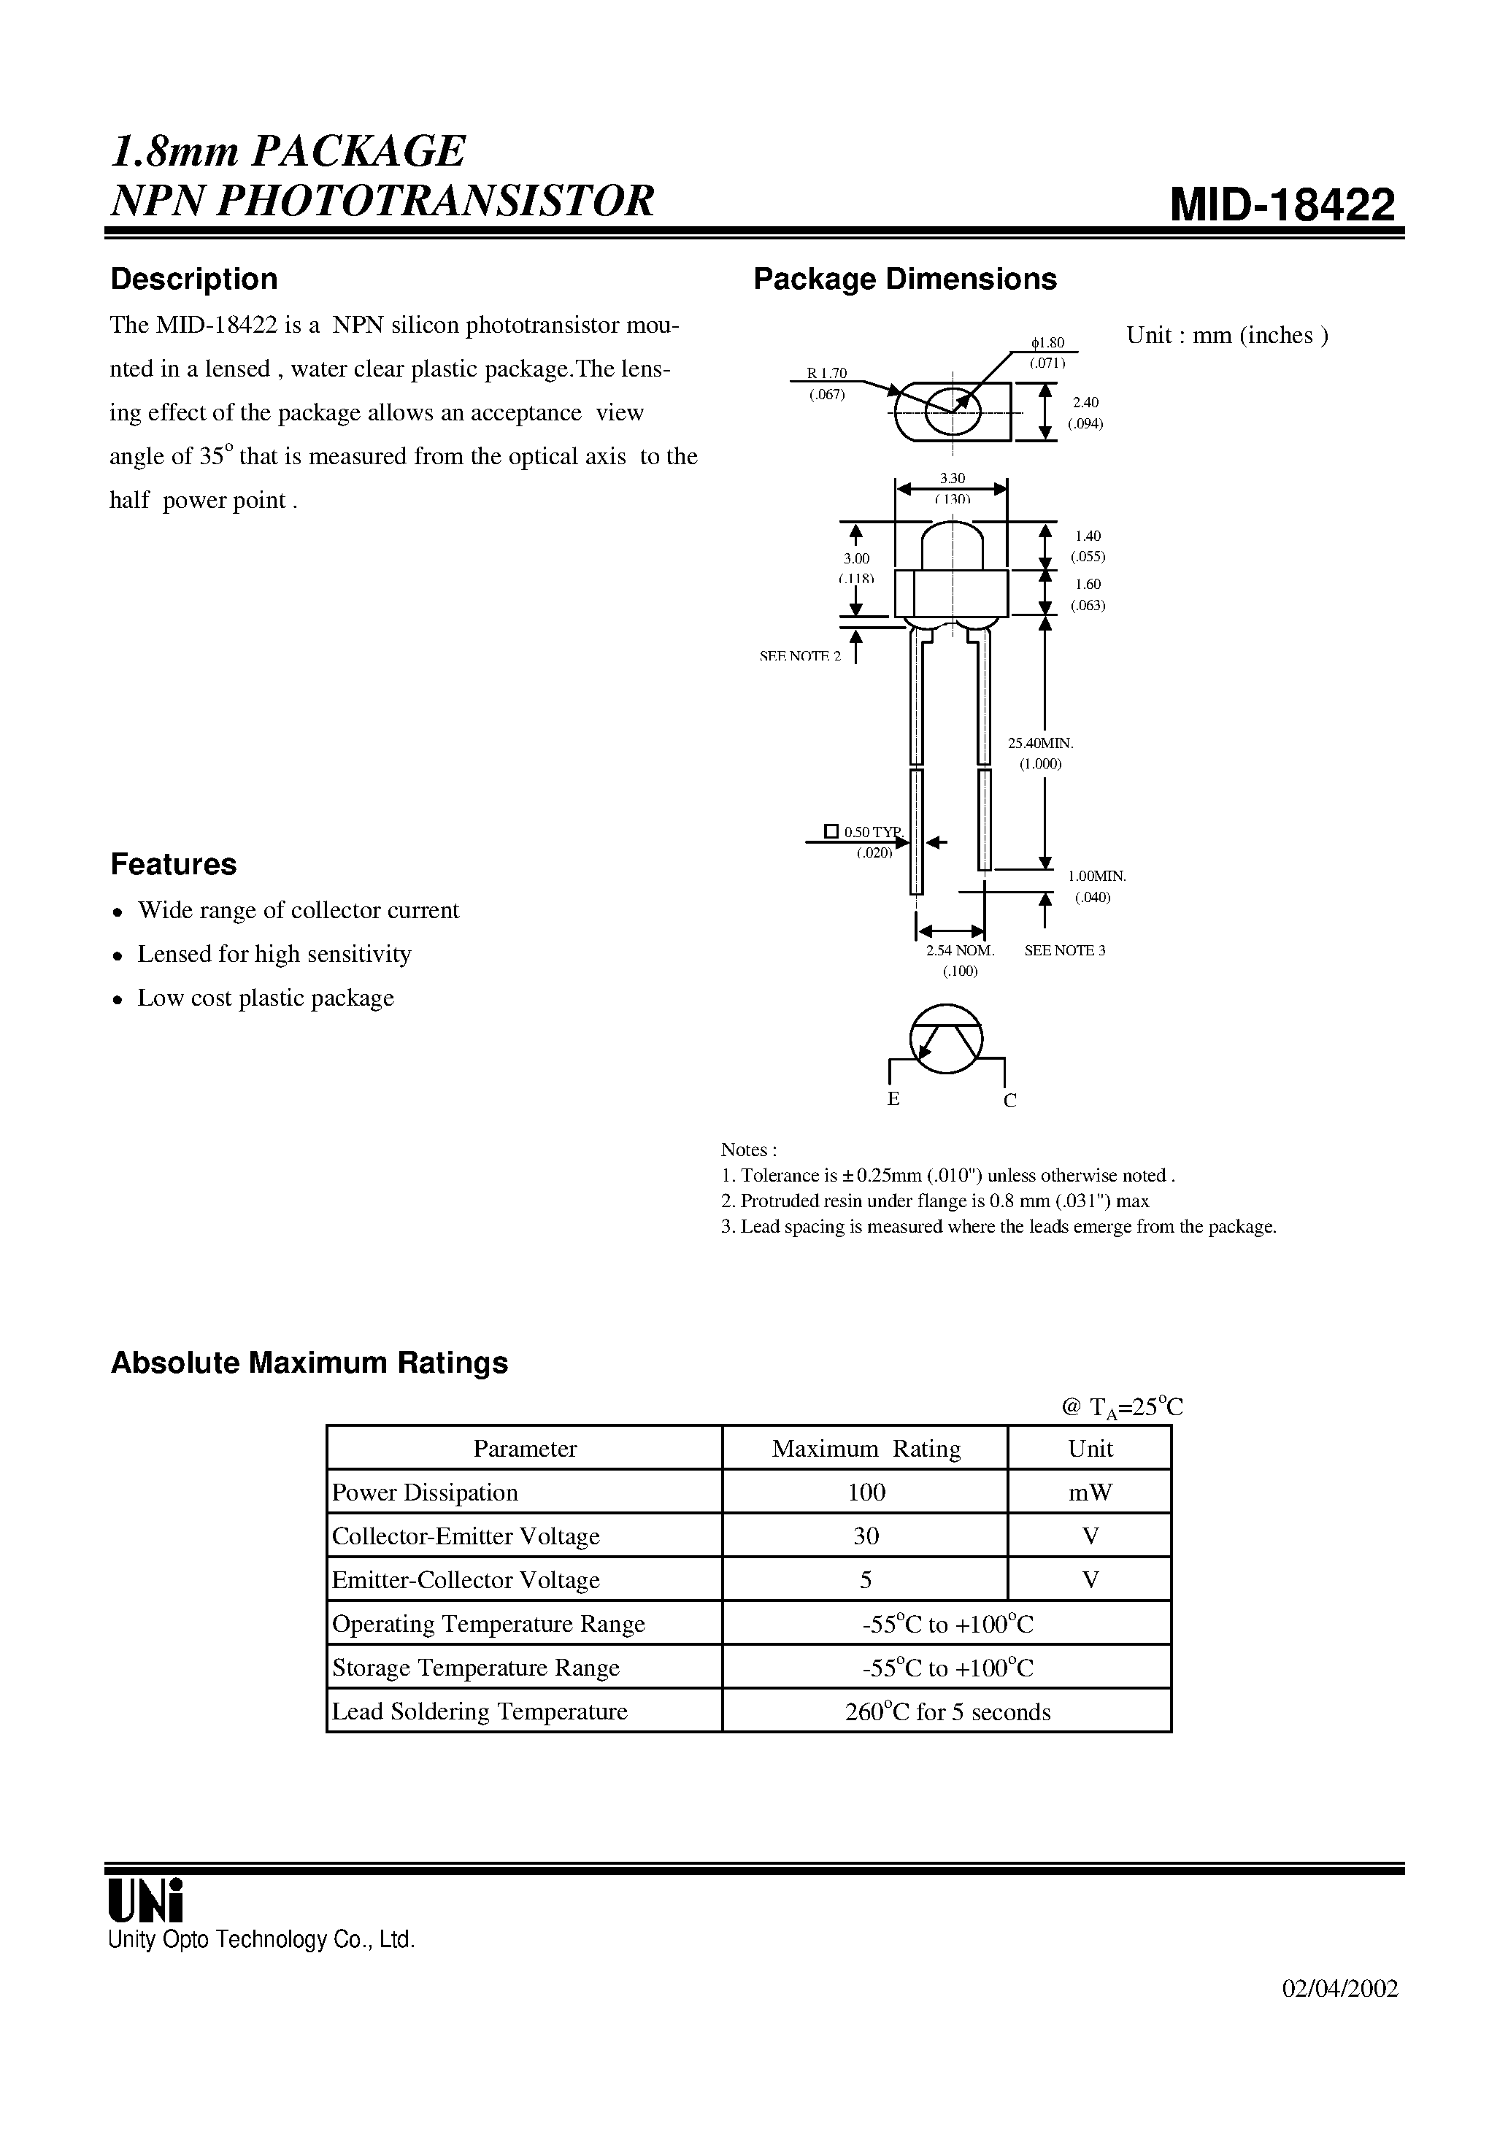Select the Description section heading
(x=193, y=279)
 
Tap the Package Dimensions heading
(x=904, y=279)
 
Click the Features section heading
(x=173, y=864)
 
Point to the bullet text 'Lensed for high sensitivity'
(x=274, y=954)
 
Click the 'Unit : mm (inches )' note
(x=1227, y=336)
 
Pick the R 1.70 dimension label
(x=826, y=374)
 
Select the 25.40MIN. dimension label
(x=1040, y=743)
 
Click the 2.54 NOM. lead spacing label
(x=961, y=950)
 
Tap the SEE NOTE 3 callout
(x=1064, y=950)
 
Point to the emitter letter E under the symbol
(x=893, y=1098)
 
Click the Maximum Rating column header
(x=866, y=1448)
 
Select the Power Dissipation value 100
(x=866, y=1492)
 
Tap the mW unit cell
(x=1090, y=1492)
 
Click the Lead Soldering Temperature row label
(x=480, y=1711)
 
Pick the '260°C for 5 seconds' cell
(x=947, y=1712)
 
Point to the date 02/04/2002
(x=1339, y=1987)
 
